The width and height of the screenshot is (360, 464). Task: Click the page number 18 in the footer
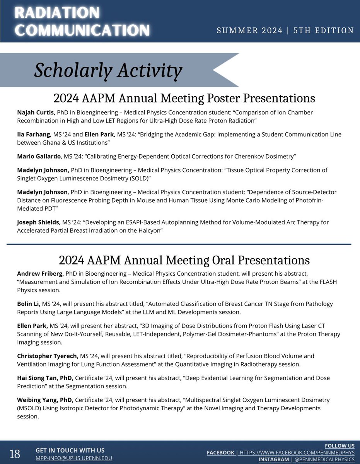point(15,453)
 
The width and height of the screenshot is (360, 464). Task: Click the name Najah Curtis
point(36,113)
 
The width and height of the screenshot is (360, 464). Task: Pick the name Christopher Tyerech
point(48,356)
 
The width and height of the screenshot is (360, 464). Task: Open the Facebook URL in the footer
point(297,452)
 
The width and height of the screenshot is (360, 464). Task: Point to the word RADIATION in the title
point(57,13)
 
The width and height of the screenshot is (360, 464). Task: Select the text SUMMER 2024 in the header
point(249,30)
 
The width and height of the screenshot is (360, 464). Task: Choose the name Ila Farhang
point(34,135)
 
